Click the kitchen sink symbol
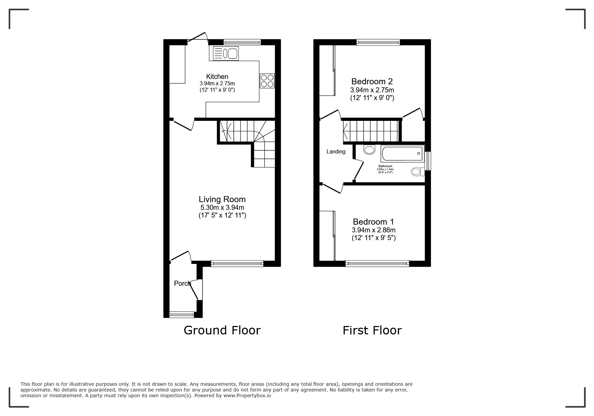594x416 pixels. pyautogui.click(x=226, y=53)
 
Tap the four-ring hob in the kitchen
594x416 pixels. pyautogui.click(x=267, y=81)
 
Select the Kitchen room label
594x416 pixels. pyautogui.click(x=217, y=77)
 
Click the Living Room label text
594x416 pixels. pyautogui.click(x=222, y=199)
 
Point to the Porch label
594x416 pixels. pyautogui.click(x=182, y=283)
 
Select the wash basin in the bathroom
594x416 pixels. pyautogui.click(x=369, y=149)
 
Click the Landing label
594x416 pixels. pyautogui.click(x=336, y=152)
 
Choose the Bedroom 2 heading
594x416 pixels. pyautogui.click(x=372, y=81)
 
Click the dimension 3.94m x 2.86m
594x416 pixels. pyautogui.click(x=373, y=230)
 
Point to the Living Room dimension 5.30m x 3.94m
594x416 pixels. pyautogui.click(x=222, y=207)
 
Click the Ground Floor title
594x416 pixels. pyautogui.click(x=222, y=330)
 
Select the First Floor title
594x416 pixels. pyautogui.click(x=372, y=330)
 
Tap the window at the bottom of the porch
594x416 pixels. pyautogui.click(x=181, y=315)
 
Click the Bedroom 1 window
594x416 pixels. pyautogui.click(x=377, y=264)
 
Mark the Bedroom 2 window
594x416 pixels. pyautogui.click(x=378, y=42)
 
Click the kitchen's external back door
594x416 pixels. pyautogui.click(x=198, y=38)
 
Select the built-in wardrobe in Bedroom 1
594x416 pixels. pyautogui.click(x=327, y=235)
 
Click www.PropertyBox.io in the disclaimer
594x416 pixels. pyautogui.click(x=247, y=396)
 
